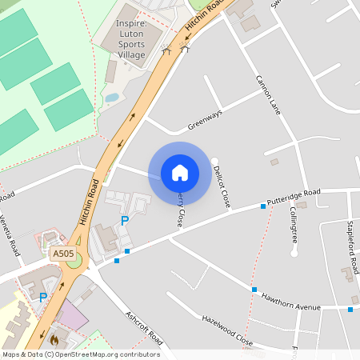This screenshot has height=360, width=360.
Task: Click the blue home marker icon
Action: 180,172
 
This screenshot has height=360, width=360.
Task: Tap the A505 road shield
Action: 63,254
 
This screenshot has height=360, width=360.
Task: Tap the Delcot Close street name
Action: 222,186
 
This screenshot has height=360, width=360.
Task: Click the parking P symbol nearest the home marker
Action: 124,221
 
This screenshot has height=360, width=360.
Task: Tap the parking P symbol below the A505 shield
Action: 43,298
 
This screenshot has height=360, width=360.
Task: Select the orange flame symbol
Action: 54,339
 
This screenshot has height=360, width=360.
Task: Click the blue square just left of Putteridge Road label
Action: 263,206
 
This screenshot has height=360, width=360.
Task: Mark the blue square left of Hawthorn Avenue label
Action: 254,290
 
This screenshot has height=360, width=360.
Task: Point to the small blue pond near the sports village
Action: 112,98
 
